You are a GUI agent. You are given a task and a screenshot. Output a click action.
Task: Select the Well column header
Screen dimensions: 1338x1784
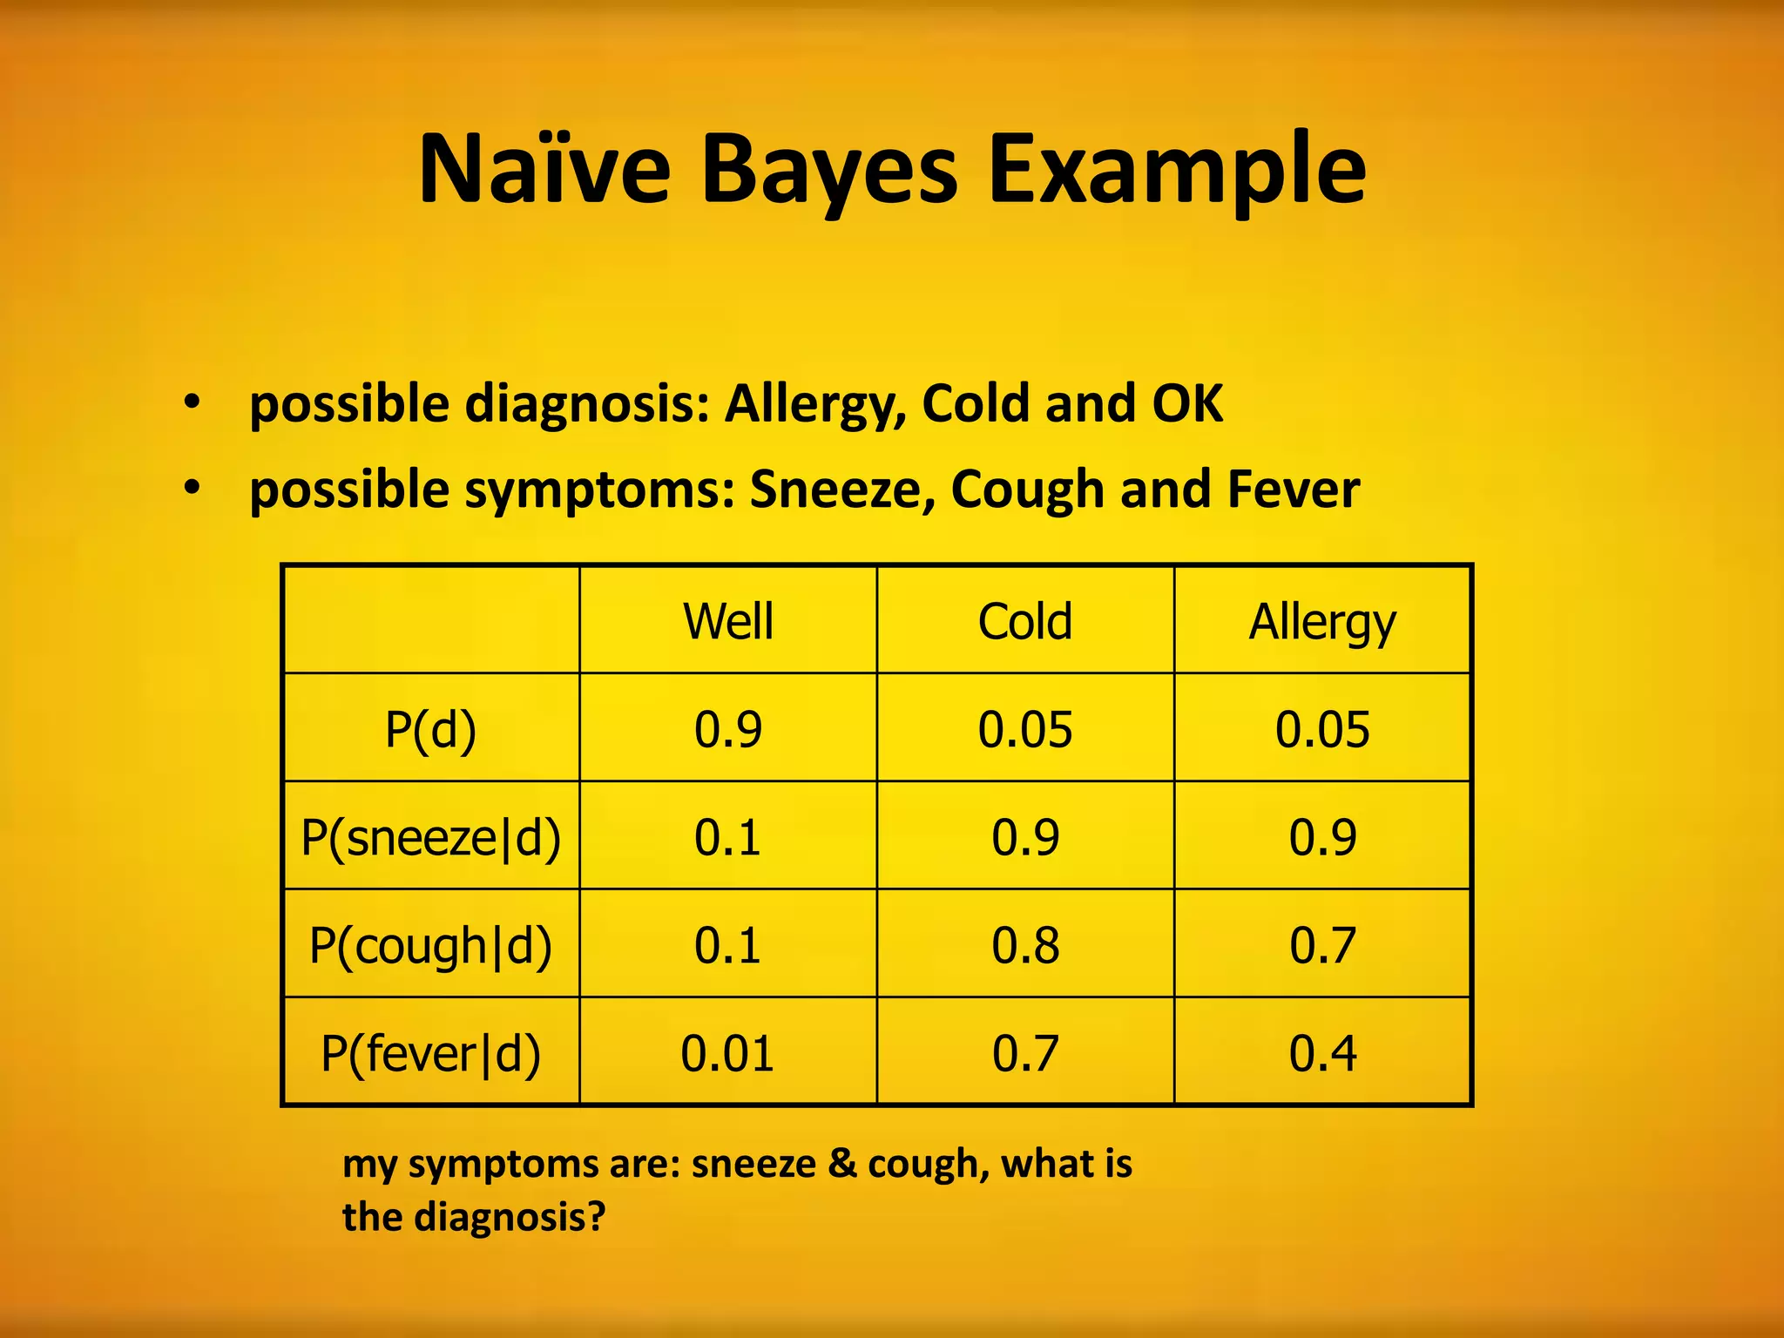(x=728, y=621)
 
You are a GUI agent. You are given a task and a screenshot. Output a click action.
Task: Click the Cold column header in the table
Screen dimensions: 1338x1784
(x=1025, y=621)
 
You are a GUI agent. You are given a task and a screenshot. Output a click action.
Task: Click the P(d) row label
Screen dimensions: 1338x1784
(x=431, y=729)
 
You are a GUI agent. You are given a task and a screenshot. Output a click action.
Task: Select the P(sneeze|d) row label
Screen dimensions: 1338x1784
(x=431, y=837)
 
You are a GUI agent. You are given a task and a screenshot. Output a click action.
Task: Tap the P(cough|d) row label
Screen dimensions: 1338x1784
(x=431, y=945)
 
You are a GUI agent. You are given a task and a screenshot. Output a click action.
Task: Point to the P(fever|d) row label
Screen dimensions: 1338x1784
(x=431, y=1053)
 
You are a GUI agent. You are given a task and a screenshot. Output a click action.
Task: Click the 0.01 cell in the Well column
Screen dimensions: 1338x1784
(x=728, y=1053)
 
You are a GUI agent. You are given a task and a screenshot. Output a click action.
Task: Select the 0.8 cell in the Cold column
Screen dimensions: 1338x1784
(x=1025, y=945)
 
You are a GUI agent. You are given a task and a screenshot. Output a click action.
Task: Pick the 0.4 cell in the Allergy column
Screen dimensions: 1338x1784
(x=1322, y=1053)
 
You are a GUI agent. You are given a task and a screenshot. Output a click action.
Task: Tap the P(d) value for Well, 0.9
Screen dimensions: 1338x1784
(x=728, y=729)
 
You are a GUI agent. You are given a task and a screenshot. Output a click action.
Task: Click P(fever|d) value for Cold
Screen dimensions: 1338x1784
(x=1025, y=1053)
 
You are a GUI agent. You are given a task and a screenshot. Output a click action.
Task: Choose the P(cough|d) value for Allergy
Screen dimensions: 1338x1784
(x=1322, y=945)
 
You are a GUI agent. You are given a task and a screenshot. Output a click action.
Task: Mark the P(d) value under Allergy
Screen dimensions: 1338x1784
(x=1322, y=729)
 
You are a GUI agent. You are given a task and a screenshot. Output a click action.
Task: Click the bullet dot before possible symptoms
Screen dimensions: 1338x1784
(x=192, y=487)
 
